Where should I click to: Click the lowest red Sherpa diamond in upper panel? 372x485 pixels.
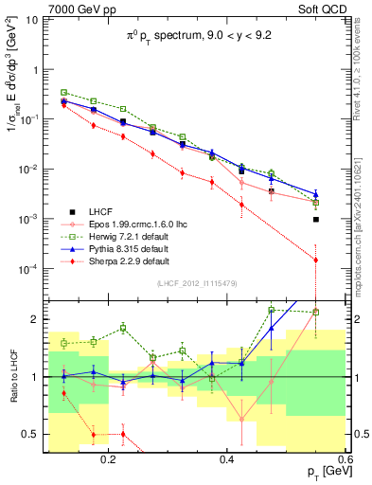[x=316, y=260]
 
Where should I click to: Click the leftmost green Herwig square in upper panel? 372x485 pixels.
[x=63, y=93]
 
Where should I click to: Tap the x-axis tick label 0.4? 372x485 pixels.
[x=227, y=459]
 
